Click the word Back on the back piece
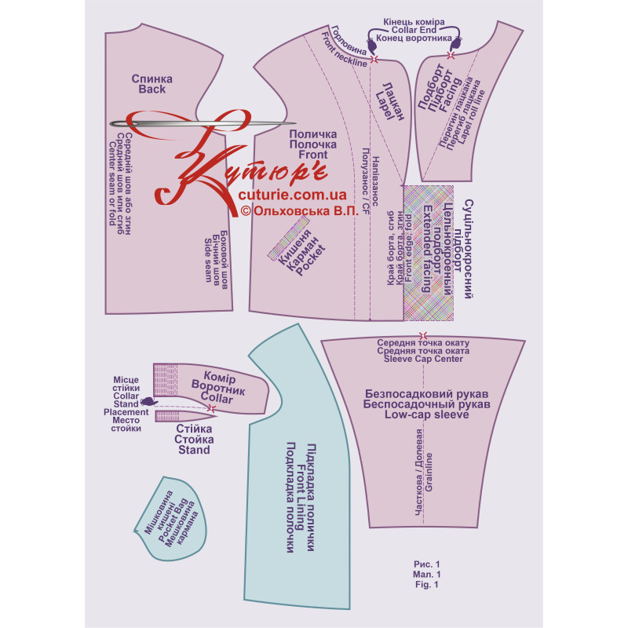click(x=152, y=89)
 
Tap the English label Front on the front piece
click(x=313, y=155)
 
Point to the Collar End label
click(x=414, y=30)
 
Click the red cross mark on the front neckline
click(x=374, y=60)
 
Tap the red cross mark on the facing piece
click(x=451, y=55)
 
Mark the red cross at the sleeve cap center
click(x=423, y=336)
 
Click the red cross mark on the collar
click(x=211, y=408)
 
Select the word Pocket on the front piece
click(x=311, y=261)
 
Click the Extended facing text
click(x=427, y=249)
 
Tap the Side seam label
click(x=208, y=261)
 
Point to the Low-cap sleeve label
click(x=426, y=414)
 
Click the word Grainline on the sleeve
click(x=429, y=473)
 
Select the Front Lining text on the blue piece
click(x=300, y=497)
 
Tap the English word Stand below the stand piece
click(x=194, y=450)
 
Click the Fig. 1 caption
click(x=427, y=584)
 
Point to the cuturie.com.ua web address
click(x=292, y=195)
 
